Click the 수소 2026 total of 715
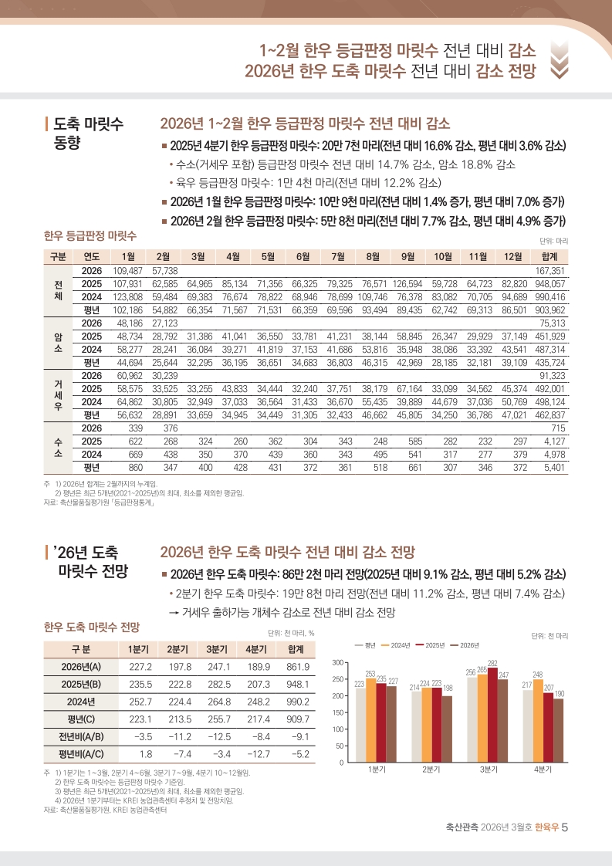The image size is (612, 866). (x=558, y=428)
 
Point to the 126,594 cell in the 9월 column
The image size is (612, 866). (x=407, y=284)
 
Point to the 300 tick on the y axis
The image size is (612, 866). (x=337, y=663)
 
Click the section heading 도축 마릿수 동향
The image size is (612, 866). (x=89, y=134)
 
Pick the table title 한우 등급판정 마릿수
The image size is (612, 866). (x=90, y=235)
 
